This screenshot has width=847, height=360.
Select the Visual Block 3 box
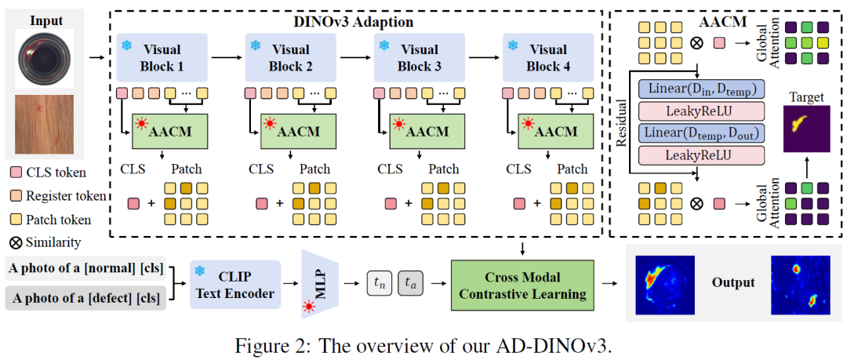[419, 56]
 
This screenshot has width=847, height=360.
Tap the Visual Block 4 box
[546, 56]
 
